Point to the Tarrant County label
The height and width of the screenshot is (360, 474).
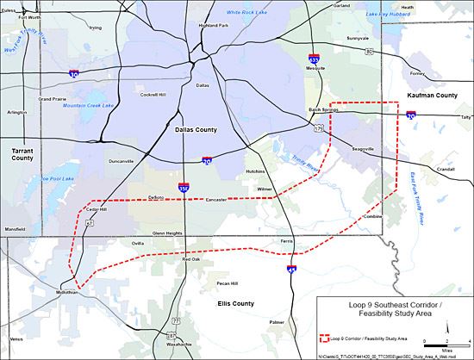pyautogui.click(x=22, y=154)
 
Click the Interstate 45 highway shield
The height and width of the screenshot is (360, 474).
pyautogui.click(x=289, y=270)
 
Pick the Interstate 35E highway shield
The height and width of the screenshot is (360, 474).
pyautogui.click(x=184, y=187)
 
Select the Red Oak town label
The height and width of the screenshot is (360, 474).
pyautogui.click(x=190, y=259)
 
